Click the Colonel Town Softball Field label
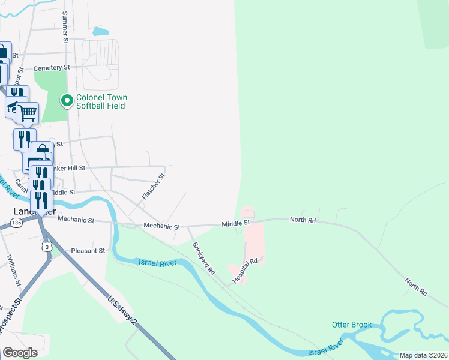(x=101, y=101)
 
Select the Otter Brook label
(x=352, y=325)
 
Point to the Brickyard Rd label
(x=204, y=258)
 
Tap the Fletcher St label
(x=153, y=187)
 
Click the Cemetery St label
(x=52, y=68)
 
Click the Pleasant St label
(x=88, y=250)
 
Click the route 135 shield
(x=16, y=223)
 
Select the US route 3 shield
(x=47, y=247)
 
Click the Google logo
(x=20, y=353)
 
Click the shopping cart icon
(x=27, y=112)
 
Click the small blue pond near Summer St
(x=101, y=31)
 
